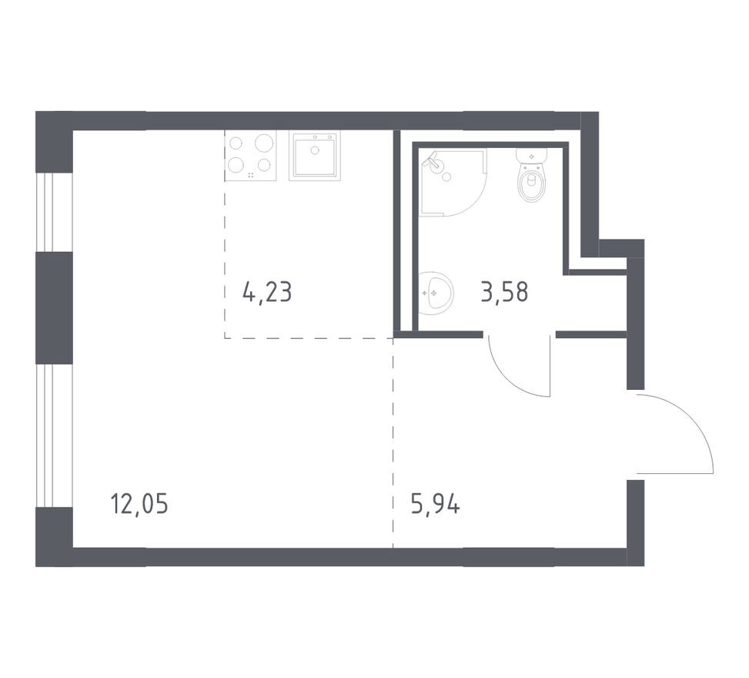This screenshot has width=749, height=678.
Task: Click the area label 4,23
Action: click(267, 293)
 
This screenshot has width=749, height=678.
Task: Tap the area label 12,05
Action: click(139, 505)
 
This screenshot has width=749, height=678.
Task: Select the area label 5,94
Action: click(436, 505)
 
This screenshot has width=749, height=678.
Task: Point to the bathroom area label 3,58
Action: click(504, 293)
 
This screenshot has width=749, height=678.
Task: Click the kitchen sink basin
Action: click(313, 156)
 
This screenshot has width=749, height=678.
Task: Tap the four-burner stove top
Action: click(251, 156)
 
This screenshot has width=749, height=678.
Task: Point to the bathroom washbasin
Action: click(436, 293)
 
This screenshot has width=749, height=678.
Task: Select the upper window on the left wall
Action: click(45, 212)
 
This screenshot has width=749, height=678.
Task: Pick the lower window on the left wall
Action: click(45, 435)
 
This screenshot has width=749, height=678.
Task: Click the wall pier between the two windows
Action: click(53, 308)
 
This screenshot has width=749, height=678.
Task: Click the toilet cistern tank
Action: click(530, 155)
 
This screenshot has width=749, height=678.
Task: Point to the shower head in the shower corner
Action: click(433, 162)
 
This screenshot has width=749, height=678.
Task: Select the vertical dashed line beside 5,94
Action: click(393, 447)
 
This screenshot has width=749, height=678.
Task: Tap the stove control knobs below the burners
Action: click(251, 176)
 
